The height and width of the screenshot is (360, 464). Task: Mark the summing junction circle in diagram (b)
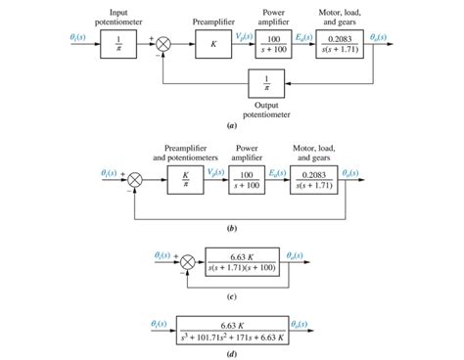pos(137,178)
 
